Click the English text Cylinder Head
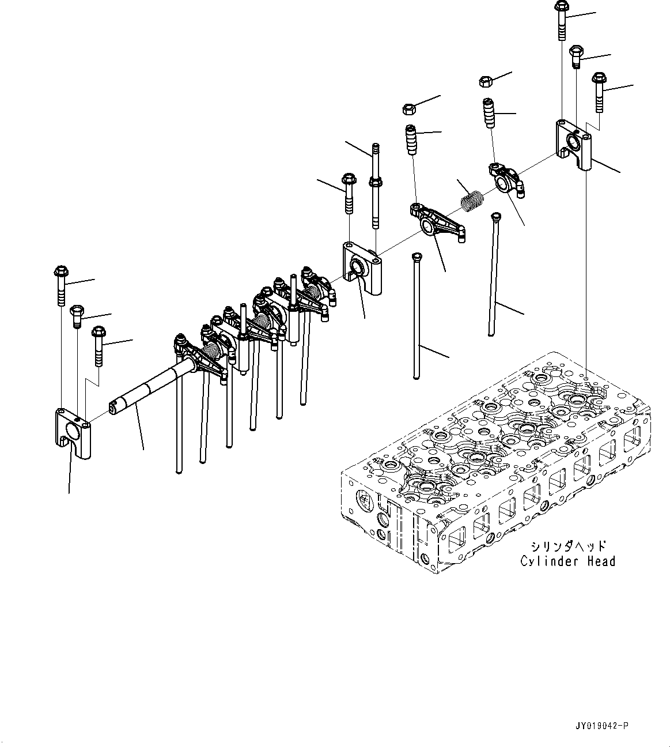(567, 561)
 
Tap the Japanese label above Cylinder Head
(567, 545)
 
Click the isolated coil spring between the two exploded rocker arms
(472, 202)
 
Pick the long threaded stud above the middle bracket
(376, 184)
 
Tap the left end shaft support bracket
(73, 432)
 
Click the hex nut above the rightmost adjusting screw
(485, 81)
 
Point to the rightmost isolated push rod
(493, 274)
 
